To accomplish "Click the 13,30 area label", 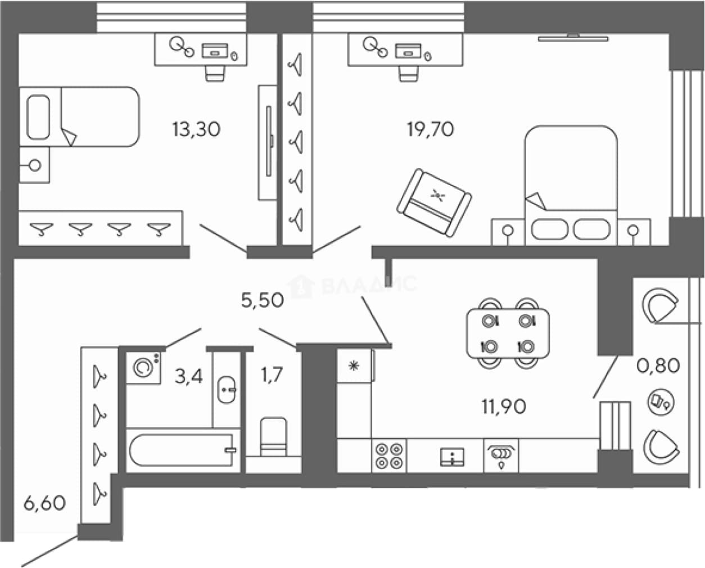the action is pos(196,129).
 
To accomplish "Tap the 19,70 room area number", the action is pos(431,129).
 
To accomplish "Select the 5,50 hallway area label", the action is pos(263,300).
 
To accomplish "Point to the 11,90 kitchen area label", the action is pos(504,407).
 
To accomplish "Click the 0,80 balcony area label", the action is pos(658,366).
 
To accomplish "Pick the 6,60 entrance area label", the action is pos(44,503).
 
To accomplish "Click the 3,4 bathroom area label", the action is pos(189,376).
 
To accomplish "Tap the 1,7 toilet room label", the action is pos(272,375).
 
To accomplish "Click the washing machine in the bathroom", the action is pos(143,367).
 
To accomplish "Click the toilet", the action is pos(274,436).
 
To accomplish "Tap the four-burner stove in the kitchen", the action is pos(389,456).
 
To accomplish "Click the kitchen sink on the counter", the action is pos(452,457).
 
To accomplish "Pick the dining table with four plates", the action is pos(508,333).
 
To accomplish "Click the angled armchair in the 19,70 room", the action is pos(435,202).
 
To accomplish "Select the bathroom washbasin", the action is pos(227,390).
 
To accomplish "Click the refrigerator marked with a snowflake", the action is pos(355,366).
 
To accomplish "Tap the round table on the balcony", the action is pos(661,402).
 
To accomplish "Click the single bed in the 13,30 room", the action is pos(79,116).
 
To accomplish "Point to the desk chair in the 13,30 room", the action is pos(215,73).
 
